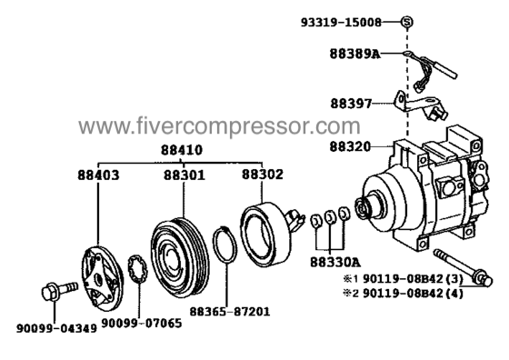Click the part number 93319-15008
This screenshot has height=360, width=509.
click(341, 23)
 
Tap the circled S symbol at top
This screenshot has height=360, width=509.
click(407, 22)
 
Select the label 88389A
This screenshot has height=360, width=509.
click(354, 54)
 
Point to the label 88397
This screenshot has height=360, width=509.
click(351, 104)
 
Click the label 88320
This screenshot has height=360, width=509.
click(350, 146)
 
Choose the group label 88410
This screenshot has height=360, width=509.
click(182, 150)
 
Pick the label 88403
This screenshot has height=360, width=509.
click(98, 175)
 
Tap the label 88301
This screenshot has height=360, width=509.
click(185, 175)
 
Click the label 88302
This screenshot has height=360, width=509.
click(263, 175)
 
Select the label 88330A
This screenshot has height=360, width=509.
click(335, 262)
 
